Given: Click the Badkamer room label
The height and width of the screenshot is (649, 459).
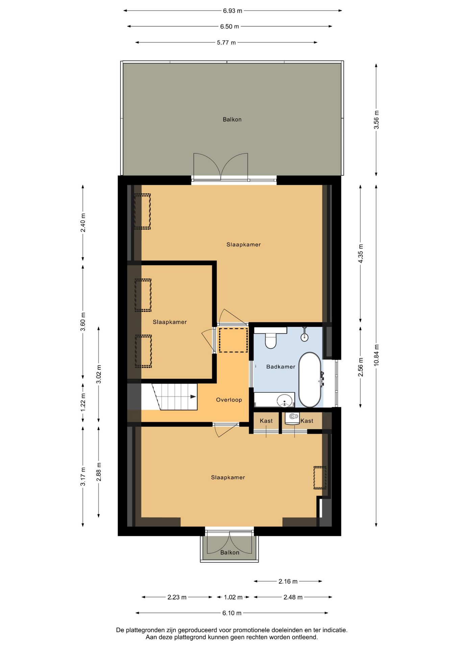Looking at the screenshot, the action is tap(281, 367).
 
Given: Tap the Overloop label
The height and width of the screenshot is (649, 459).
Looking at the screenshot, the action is tap(229, 400).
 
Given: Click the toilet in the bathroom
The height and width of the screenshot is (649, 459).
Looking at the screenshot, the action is tap(270, 338).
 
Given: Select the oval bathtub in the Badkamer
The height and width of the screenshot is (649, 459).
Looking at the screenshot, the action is tap(310, 380).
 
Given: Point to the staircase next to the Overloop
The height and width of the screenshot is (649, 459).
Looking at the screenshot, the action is tap(169, 396).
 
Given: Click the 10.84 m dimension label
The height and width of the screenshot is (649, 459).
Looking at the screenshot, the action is tap(377, 355).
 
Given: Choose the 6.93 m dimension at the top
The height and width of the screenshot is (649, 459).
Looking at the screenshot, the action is tap(233, 11).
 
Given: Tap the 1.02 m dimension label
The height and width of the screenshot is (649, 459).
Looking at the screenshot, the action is tap(233, 597).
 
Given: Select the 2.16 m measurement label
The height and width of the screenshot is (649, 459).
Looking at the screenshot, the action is tap(288, 581).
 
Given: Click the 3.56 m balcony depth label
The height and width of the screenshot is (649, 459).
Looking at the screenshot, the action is tap(377, 120).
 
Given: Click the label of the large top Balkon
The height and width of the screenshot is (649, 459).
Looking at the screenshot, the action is tap(232, 119).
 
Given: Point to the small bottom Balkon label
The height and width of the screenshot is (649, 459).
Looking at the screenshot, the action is tap(230, 552).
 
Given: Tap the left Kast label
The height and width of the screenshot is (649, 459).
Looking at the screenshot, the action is tap(266, 421).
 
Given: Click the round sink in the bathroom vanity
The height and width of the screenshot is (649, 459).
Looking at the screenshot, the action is tap(284, 401).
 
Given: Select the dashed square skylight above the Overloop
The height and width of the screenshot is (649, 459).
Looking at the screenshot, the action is tap(233, 340).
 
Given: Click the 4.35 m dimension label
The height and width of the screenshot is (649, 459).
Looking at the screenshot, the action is tap(361, 254).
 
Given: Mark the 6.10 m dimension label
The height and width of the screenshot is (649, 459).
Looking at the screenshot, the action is tap(232, 613).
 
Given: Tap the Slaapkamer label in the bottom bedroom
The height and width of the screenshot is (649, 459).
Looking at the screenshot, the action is tap(228, 477).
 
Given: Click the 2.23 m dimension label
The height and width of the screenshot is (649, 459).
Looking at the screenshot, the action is tap(177, 597).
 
